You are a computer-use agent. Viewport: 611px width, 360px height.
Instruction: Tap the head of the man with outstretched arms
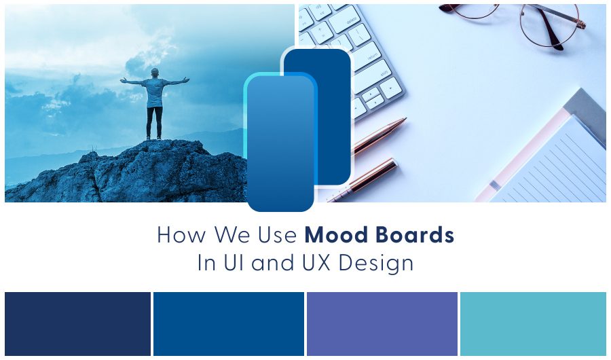click(155, 73)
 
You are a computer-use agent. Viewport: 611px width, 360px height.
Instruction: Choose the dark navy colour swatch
click(77, 323)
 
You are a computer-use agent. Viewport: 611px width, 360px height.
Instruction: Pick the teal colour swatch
click(533, 323)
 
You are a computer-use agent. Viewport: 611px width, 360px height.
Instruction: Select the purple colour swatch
click(382, 323)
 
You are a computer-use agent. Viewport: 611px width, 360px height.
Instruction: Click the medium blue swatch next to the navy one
click(228, 323)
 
